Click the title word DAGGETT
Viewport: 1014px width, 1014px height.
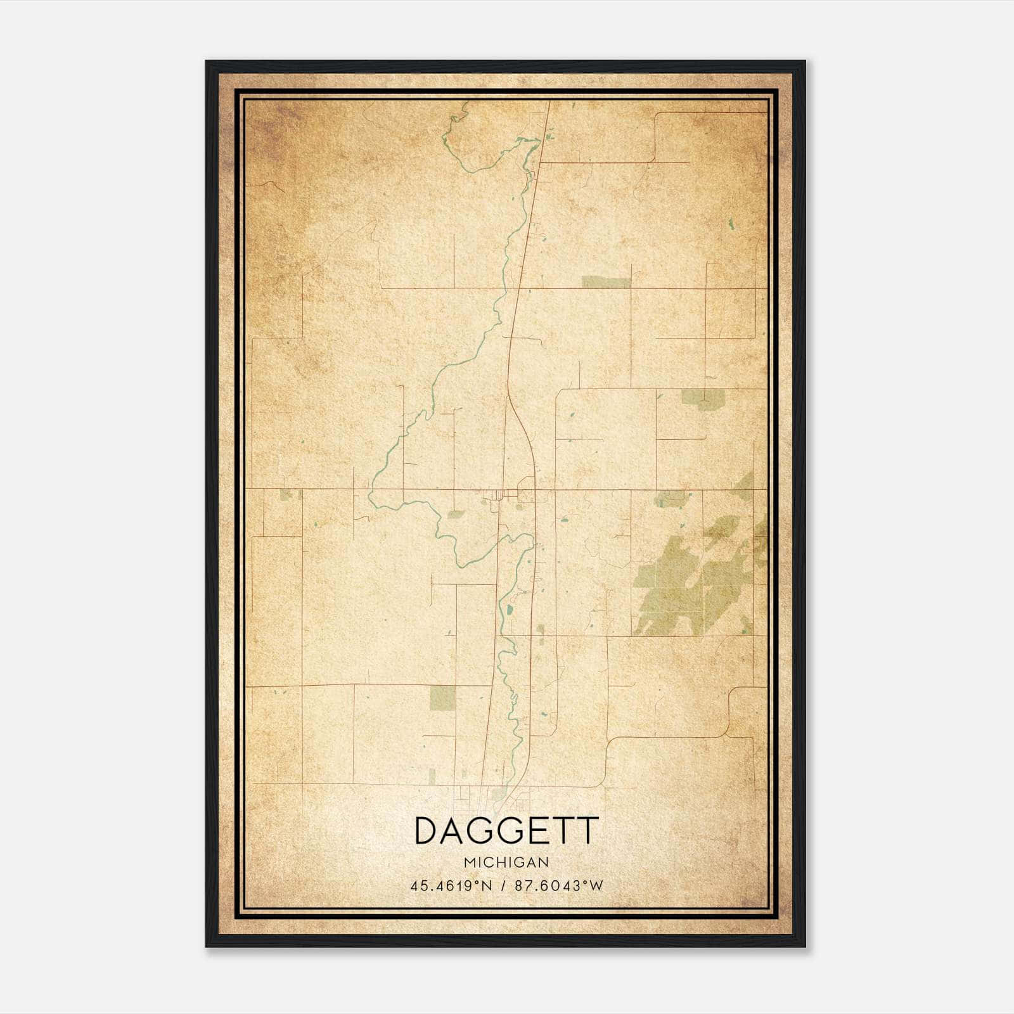click(506, 831)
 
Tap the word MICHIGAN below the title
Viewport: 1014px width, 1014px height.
click(506, 863)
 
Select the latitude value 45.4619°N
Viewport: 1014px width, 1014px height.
click(451, 886)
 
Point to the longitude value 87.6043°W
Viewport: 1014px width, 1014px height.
click(559, 886)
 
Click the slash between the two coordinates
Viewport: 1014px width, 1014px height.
click(504, 886)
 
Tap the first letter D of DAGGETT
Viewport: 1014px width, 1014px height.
click(426, 831)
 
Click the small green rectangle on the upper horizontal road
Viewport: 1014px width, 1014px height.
click(606, 283)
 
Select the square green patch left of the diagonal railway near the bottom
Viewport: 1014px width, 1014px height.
click(442, 698)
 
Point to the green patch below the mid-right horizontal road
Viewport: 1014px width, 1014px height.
click(702, 399)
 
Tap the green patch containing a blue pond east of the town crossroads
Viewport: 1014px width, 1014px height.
click(670, 499)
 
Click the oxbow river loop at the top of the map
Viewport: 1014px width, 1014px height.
click(469, 146)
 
